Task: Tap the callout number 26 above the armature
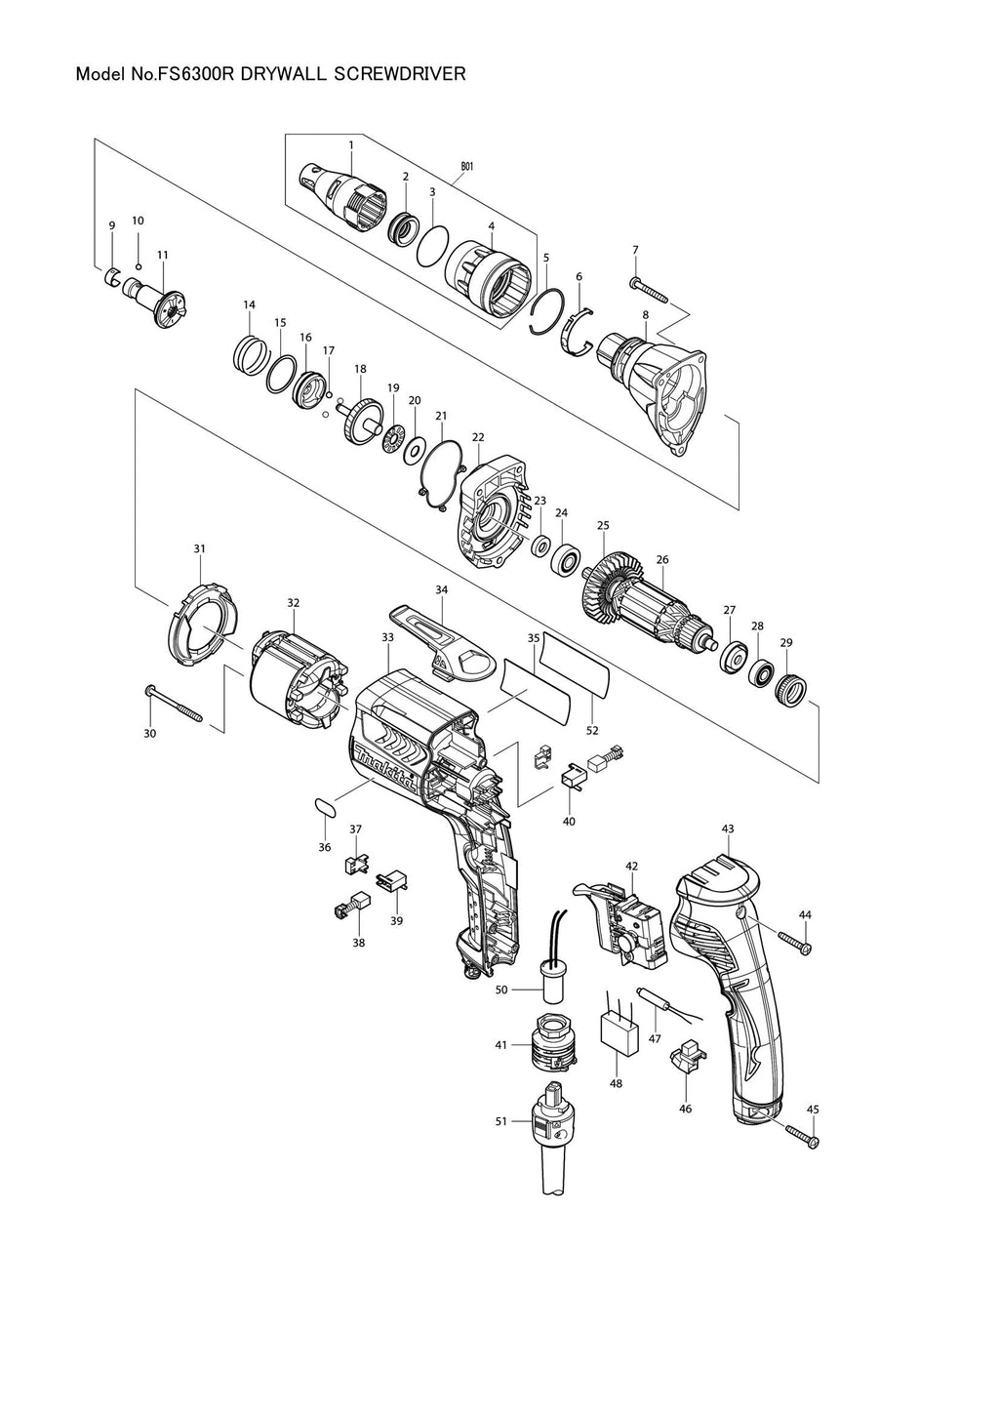point(662,559)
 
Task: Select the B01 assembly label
point(467,167)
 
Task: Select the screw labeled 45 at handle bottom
point(802,1135)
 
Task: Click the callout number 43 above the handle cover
point(728,828)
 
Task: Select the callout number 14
point(249,305)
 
